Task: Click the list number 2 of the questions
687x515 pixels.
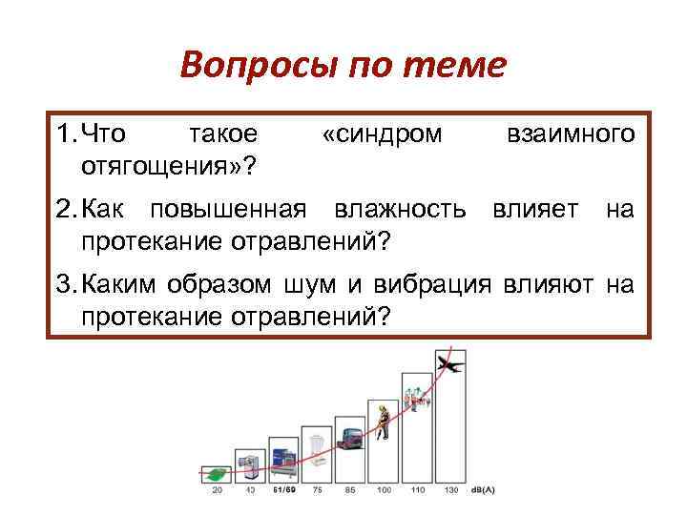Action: tap(64, 208)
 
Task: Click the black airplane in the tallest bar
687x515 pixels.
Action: tap(448, 364)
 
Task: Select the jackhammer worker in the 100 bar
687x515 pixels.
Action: tap(382, 421)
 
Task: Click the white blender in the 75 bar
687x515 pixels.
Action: tap(316, 448)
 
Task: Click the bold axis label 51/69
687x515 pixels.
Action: tap(283, 491)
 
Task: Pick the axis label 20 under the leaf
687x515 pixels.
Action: tap(218, 491)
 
